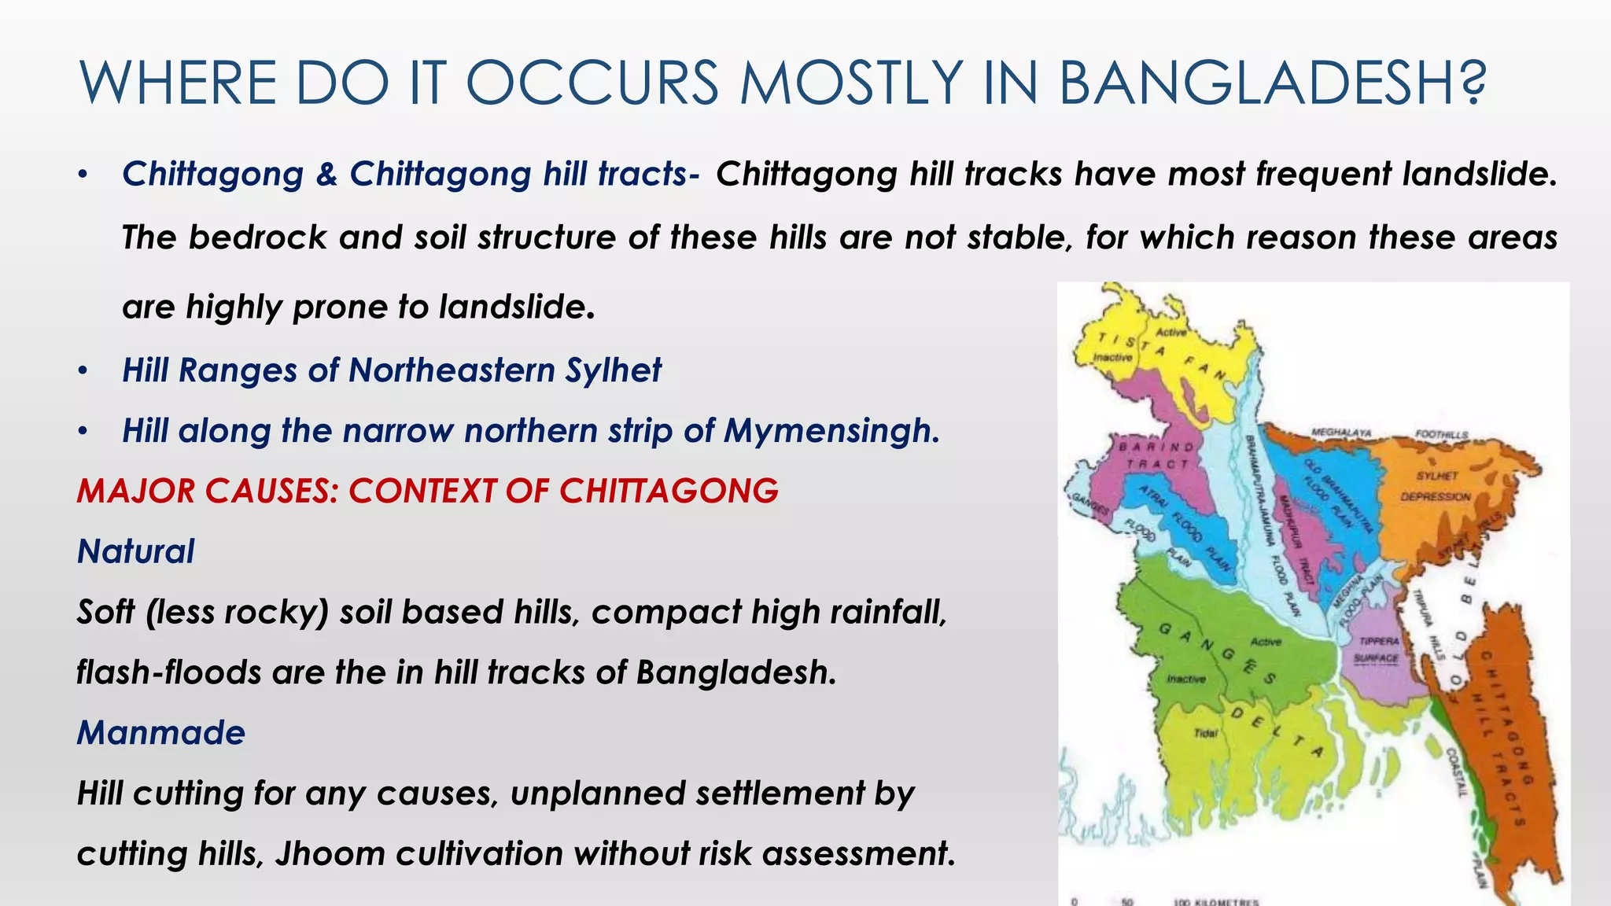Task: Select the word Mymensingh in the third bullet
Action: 831,431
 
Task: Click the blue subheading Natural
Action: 135,551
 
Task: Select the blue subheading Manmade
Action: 160,733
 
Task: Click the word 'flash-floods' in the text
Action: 168,673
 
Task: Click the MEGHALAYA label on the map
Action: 1341,433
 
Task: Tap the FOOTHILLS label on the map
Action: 1441,434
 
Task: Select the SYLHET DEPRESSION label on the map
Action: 1436,486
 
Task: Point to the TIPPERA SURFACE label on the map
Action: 1379,650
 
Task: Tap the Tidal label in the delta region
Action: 1205,733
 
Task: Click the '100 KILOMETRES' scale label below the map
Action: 1215,901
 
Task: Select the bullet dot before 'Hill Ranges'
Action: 83,370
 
